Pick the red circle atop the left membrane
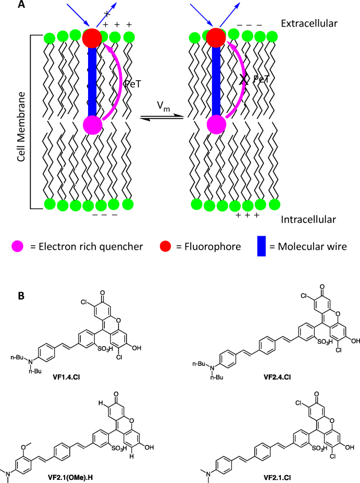[92, 38]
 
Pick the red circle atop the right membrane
[216, 38]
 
